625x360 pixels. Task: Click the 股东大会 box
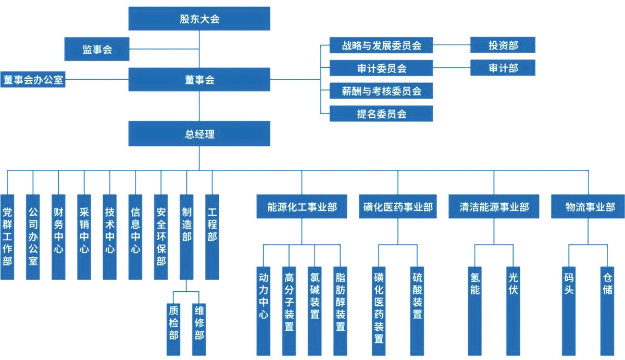click(x=199, y=19)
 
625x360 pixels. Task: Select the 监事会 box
click(x=97, y=49)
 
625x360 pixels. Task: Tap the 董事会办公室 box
click(x=33, y=80)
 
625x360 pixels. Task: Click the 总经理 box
click(x=199, y=133)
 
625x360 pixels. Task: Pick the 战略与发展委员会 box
click(x=381, y=45)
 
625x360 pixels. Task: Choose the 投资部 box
click(x=503, y=45)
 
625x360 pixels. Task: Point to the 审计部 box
click(x=503, y=68)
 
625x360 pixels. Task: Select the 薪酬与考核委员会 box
click(x=381, y=91)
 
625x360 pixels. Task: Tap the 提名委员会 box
click(x=381, y=114)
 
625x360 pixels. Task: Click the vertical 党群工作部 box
click(x=7, y=237)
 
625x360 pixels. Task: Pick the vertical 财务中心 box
click(x=58, y=237)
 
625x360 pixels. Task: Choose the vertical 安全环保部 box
click(x=161, y=237)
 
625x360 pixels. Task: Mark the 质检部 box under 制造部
click(x=174, y=322)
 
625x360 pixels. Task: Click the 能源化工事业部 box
click(x=302, y=207)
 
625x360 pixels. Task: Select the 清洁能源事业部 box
click(x=494, y=207)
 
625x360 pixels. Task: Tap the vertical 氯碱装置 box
click(x=315, y=311)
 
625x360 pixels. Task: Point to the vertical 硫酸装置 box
click(x=417, y=311)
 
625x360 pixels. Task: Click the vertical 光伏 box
click(x=513, y=311)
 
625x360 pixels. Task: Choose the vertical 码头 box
click(x=569, y=311)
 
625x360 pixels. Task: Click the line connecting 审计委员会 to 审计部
click(x=452, y=68)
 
